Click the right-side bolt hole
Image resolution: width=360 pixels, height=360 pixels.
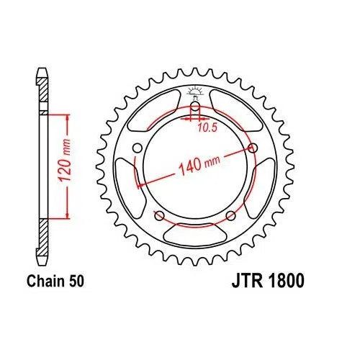point(252,148)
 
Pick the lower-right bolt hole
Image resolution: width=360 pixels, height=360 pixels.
point(230,215)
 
